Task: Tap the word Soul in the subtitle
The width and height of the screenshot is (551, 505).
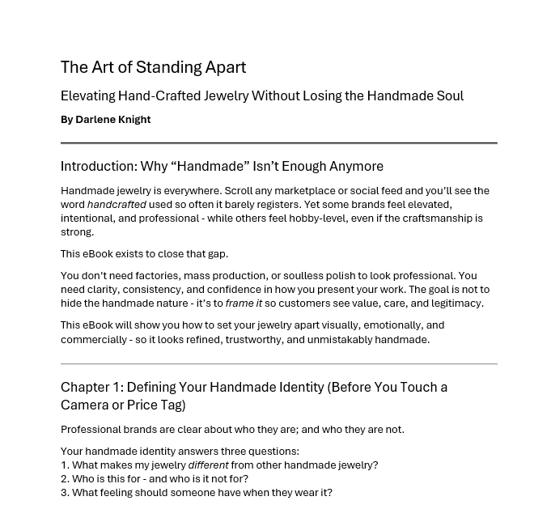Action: coord(450,95)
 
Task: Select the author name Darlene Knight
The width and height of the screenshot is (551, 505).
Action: coord(112,120)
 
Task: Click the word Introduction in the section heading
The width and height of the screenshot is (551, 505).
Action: coord(98,167)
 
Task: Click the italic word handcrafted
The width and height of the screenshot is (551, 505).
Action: coord(117,205)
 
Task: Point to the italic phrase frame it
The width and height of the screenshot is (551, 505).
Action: coord(244,303)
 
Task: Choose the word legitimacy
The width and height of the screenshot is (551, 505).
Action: coord(456,303)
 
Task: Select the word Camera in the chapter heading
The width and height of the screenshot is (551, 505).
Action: coord(86,405)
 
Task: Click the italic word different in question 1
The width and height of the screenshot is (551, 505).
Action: coord(208,465)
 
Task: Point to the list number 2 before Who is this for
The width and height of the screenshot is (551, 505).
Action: coord(65,479)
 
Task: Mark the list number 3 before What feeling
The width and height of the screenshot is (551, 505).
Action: coord(65,493)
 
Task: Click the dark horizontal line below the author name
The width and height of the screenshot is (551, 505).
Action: coord(278,143)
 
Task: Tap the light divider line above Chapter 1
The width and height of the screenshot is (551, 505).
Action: coord(278,364)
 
